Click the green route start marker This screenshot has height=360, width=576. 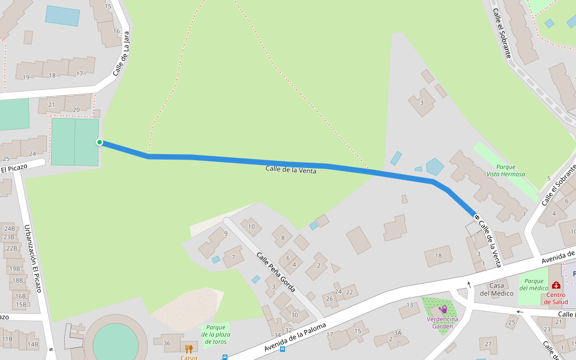[x=100, y=142]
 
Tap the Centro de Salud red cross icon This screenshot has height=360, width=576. [x=556, y=285]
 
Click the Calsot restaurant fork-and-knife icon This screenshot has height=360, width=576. [x=188, y=349]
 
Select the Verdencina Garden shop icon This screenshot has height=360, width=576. [x=443, y=309]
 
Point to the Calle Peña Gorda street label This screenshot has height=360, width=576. [x=276, y=272]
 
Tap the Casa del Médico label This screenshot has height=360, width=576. [x=496, y=289]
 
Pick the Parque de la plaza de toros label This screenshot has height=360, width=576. [x=215, y=335]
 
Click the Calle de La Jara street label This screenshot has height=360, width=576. [x=121, y=54]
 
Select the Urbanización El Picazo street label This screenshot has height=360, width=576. [x=32, y=258]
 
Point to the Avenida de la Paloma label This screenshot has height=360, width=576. [x=295, y=337]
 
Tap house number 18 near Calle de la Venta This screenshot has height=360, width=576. [x=438, y=256]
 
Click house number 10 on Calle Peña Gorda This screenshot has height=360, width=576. [x=252, y=226]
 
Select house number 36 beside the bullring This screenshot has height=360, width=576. [x=166, y=343]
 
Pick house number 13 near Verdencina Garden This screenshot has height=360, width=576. [x=409, y=306]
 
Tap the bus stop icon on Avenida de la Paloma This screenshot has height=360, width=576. [x=225, y=357]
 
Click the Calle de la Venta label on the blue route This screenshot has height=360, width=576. [x=291, y=170]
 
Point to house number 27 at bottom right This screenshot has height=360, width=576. [x=488, y=344]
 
